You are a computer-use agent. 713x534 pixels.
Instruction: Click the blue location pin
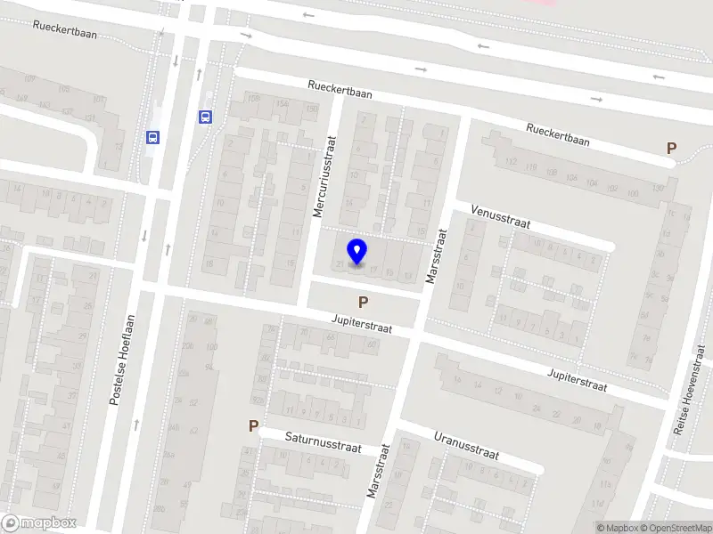[357, 251]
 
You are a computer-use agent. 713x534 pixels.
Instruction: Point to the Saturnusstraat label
[323, 442]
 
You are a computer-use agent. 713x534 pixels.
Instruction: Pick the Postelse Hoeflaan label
[121, 360]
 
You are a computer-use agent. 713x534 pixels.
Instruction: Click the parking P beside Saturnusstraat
[254, 427]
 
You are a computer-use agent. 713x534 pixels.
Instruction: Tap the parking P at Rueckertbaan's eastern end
[671, 149]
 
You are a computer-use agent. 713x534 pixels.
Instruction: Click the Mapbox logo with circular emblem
[38, 523]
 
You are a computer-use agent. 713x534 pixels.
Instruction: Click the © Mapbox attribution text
[615, 528]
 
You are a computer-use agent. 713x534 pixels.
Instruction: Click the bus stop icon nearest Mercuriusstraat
[205, 117]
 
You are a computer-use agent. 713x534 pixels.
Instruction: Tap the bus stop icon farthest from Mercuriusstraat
[152, 137]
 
